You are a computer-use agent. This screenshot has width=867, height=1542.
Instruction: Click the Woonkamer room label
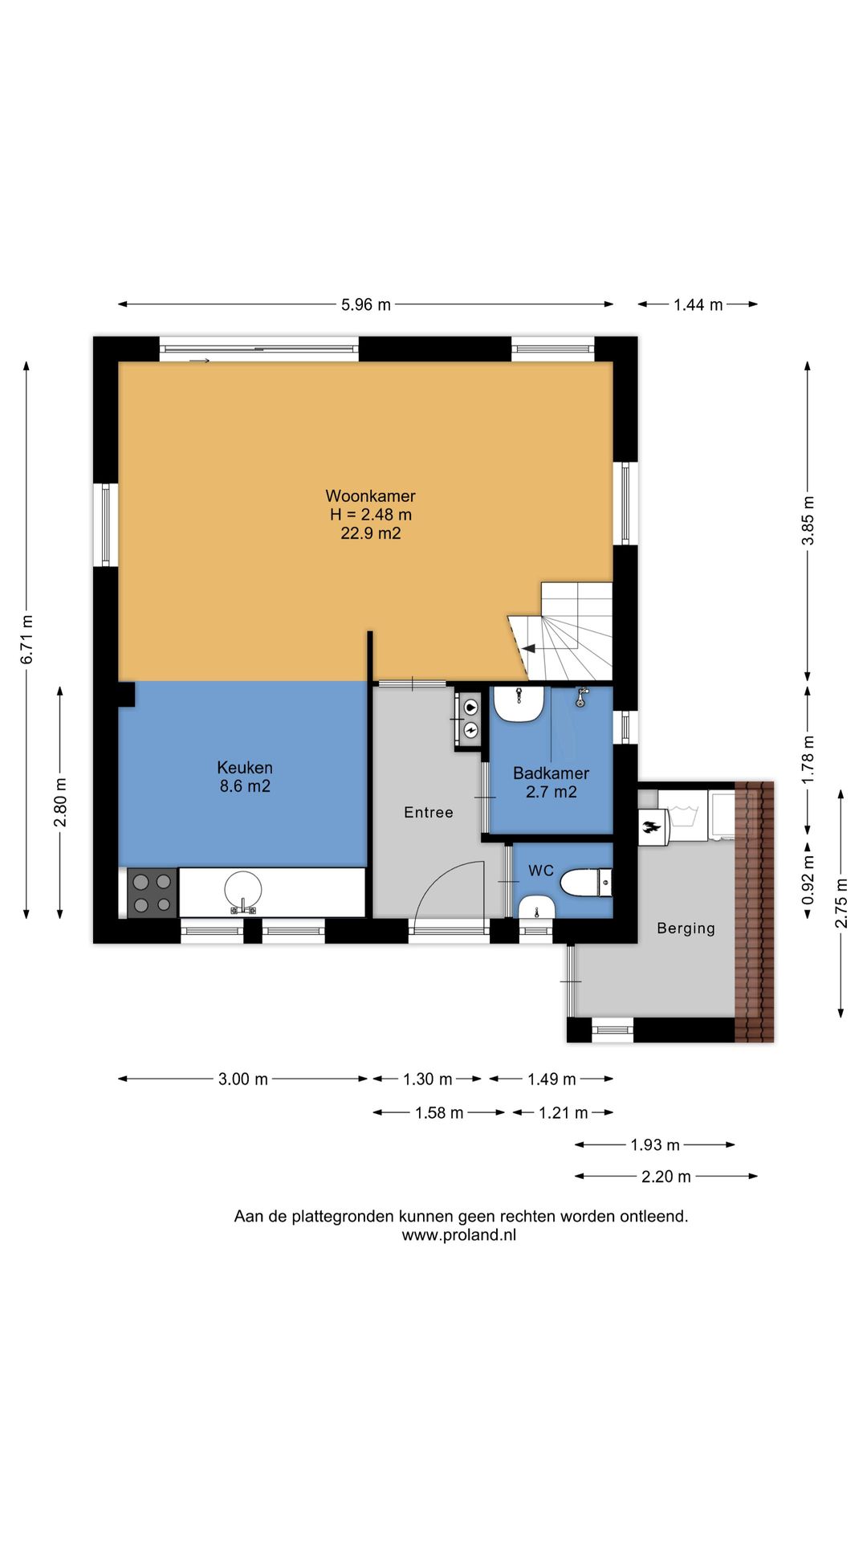coord(370,496)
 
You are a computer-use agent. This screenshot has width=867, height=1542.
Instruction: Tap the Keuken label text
coord(245,768)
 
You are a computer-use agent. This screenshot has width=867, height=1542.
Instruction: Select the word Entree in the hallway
coord(429,813)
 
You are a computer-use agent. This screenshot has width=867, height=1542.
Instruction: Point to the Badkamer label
coord(551,773)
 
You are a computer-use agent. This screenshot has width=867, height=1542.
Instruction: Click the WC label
coord(541,871)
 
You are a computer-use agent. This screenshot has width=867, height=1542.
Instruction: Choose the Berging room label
coord(686,928)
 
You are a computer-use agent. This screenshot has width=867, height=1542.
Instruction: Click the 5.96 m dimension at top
coord(366,305)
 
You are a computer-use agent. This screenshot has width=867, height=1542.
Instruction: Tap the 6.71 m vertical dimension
coord(26,638)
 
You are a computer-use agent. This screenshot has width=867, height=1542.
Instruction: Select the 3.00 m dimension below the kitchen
coord(243,1079)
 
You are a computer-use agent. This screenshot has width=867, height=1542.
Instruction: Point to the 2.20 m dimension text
coord(666,1177)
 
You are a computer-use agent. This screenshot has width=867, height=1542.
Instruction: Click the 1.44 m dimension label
coord(698,305)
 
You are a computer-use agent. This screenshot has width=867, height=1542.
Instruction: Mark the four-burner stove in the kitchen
coord(153,893)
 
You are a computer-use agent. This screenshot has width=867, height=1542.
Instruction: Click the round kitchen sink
coord(242,891)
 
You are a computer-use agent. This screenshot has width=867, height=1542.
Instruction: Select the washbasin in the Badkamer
coord(519,704)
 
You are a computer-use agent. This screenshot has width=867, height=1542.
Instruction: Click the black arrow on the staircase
coord(529,648)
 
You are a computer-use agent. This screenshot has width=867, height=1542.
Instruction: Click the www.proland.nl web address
coord(459,1235)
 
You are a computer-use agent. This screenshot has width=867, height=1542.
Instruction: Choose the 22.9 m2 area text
coord(370,533)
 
